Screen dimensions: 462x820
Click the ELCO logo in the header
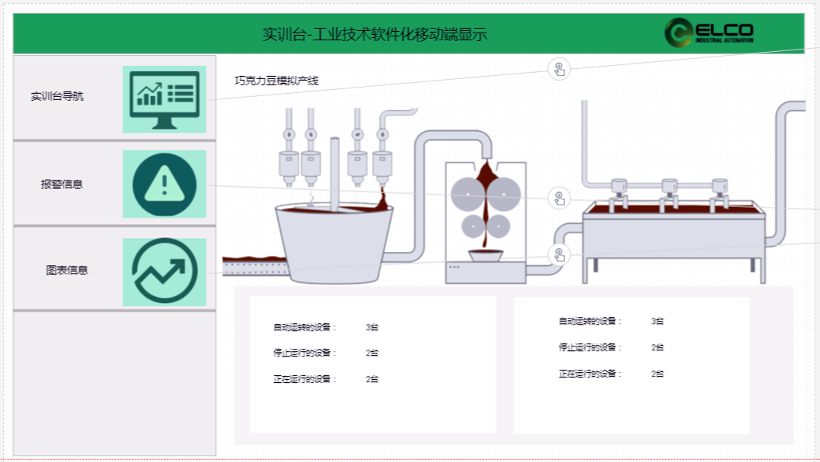708,33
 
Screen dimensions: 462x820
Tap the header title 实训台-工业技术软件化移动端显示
375,34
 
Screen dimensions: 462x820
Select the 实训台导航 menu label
57,97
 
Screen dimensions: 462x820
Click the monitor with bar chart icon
164,99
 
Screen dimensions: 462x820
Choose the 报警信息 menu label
62,184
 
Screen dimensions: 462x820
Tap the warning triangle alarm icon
164,184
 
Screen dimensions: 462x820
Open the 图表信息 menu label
67,271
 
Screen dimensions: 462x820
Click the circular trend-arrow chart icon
164,271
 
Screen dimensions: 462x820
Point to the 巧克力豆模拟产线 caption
276,81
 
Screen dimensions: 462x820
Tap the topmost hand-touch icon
559,69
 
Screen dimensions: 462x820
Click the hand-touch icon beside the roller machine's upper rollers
559,198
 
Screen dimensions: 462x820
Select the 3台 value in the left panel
372,327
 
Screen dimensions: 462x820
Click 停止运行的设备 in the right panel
590,347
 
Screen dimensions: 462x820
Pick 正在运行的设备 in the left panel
305,379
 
